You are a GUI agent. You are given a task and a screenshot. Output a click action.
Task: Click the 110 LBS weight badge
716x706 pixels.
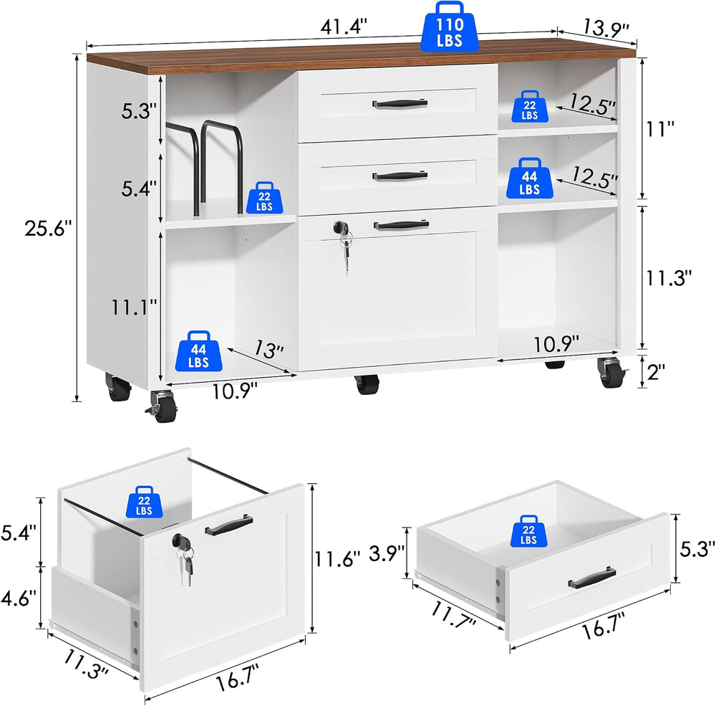click(450, 27)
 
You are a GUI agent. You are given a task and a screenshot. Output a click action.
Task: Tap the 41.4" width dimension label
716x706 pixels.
click(344, 27)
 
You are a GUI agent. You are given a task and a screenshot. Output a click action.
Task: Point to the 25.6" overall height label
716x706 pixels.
click(49, 228)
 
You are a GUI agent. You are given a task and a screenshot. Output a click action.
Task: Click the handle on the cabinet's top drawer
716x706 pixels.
click(400, 104)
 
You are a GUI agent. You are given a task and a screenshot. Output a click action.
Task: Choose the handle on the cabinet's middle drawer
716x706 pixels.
click(400, 176)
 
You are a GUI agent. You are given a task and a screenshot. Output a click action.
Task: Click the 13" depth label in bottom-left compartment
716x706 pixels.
click(269, 349)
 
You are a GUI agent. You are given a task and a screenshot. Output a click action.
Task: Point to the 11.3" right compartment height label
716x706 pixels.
click(669, 277)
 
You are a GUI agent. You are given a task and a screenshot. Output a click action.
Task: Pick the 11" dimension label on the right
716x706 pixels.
click(660, 128)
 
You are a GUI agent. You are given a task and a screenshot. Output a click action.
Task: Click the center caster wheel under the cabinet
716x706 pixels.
click(367, 383)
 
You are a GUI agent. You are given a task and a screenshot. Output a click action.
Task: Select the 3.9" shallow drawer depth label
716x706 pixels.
click(387, 552)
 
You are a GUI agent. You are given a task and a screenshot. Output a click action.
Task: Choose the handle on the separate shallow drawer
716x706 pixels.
click(592, 578)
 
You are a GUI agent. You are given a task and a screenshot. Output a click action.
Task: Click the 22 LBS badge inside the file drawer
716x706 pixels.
click(145, 502)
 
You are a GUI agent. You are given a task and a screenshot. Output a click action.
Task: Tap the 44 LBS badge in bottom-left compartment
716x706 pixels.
click(198, 350)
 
